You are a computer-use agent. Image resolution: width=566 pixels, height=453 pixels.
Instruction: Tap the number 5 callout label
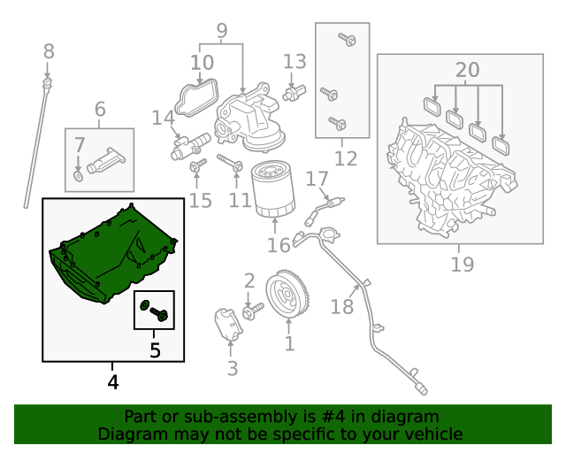click(x=155, y=350)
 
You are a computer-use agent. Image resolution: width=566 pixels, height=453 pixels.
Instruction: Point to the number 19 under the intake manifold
click(x=461, y=263)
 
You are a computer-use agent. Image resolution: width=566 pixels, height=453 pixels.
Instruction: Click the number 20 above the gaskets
click(x=468, y=70)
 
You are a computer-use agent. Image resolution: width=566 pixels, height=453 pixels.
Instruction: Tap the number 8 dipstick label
click(x=49, y=51)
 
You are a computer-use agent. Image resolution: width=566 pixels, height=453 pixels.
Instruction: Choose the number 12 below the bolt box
click(x=346, y=158)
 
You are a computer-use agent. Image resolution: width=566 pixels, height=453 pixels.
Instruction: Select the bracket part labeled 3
click(x=227, y=325)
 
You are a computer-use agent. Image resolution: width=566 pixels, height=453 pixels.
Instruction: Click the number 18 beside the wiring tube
click(x=341, y=306)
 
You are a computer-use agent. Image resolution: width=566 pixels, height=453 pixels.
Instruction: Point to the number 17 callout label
click(x=317, y=180)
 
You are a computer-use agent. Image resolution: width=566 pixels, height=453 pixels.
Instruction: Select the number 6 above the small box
click(x=99, y=109)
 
